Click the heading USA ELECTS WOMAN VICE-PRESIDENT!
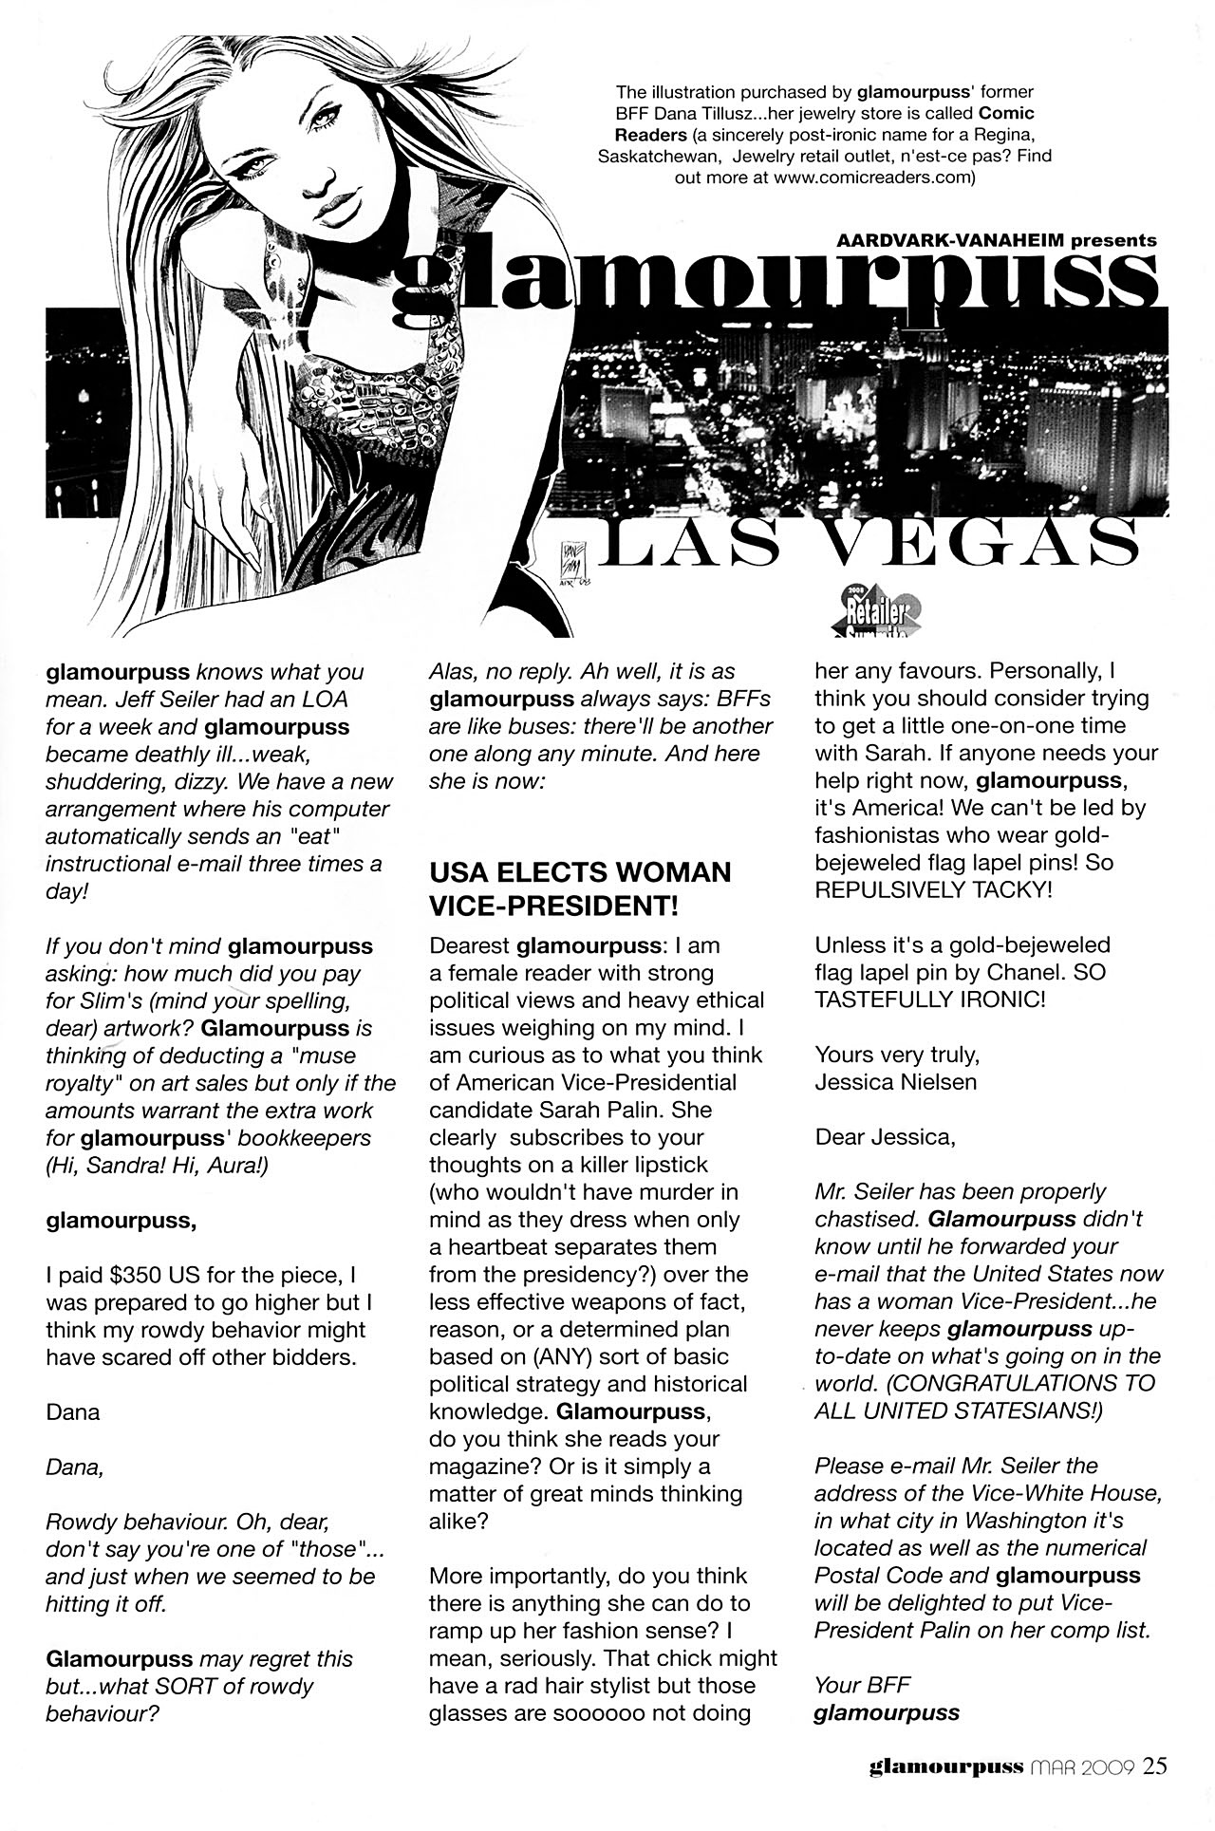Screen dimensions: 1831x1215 pyautogui.click(x=580, y=888)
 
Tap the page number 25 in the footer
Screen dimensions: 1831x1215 pyautogui.click(x=1155, y=1766)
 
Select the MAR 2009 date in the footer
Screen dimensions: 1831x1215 pyautogui.click(x=1083, y=1767)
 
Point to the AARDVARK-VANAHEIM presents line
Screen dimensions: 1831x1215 pyautogui.click(x=996, y=241)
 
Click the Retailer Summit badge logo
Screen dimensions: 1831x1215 pyautogui.click(x=876, y=613)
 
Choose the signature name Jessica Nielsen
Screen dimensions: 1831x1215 pyautogui.click(x=895, y=1082)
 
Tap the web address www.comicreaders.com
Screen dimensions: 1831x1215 pyautogui.click(x=873, y=177)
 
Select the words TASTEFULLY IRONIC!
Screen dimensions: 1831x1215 pyautogui.click(x=930, y=1000)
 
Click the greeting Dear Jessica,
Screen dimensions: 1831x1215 pyautogui.click(x=885, y=1137)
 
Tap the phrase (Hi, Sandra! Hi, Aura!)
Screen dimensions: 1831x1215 pyautogui.click(x=157, y=1165)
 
